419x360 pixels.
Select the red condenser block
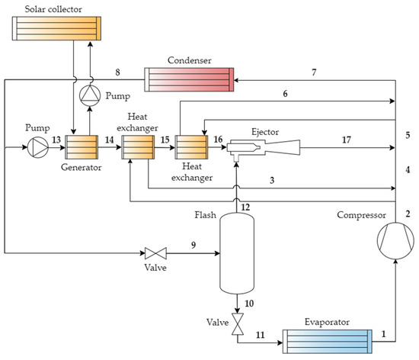click(x=190, y=79)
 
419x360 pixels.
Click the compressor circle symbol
click(x=396, y=242)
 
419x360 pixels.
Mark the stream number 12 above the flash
click(x=245, y=207)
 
